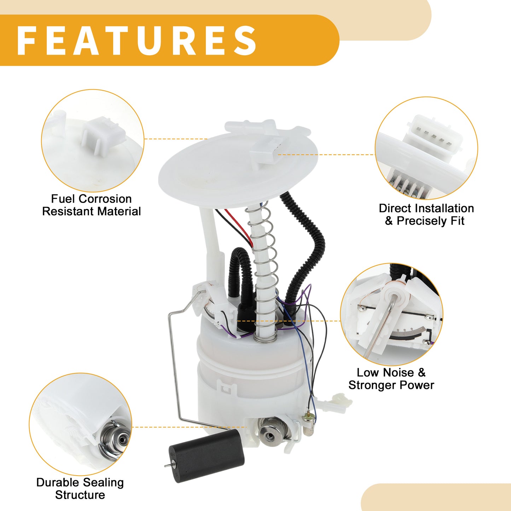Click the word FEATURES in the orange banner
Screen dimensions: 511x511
point(137,41)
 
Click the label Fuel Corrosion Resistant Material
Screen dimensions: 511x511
point(91,205)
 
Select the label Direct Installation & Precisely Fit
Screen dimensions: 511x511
point(426,215)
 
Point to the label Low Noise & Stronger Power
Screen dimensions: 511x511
point(391,379)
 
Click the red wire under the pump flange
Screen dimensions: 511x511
point(239,227)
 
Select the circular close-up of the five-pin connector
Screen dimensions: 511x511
point(426,148)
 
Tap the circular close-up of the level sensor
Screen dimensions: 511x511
point(392,314)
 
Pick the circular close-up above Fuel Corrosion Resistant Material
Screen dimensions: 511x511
point(93,140)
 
